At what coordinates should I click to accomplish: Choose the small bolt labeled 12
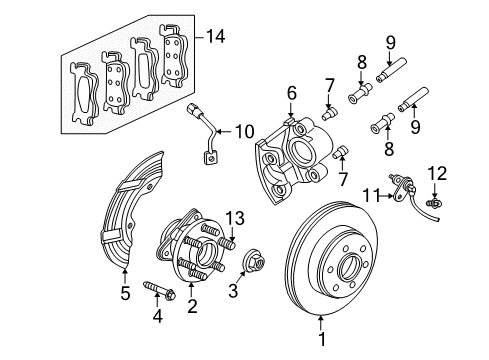[435, 204]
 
